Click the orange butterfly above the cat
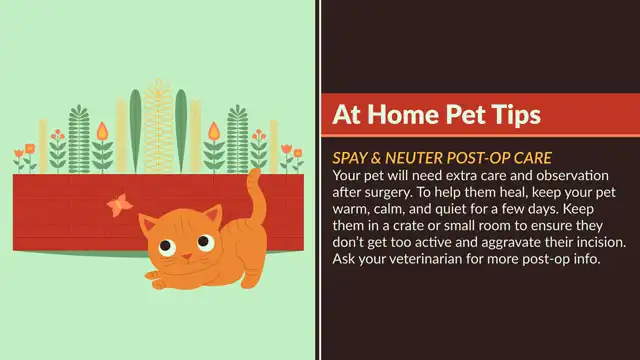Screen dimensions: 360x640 [x=119, y=204]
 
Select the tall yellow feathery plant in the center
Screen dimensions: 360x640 [x=157, y=125]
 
